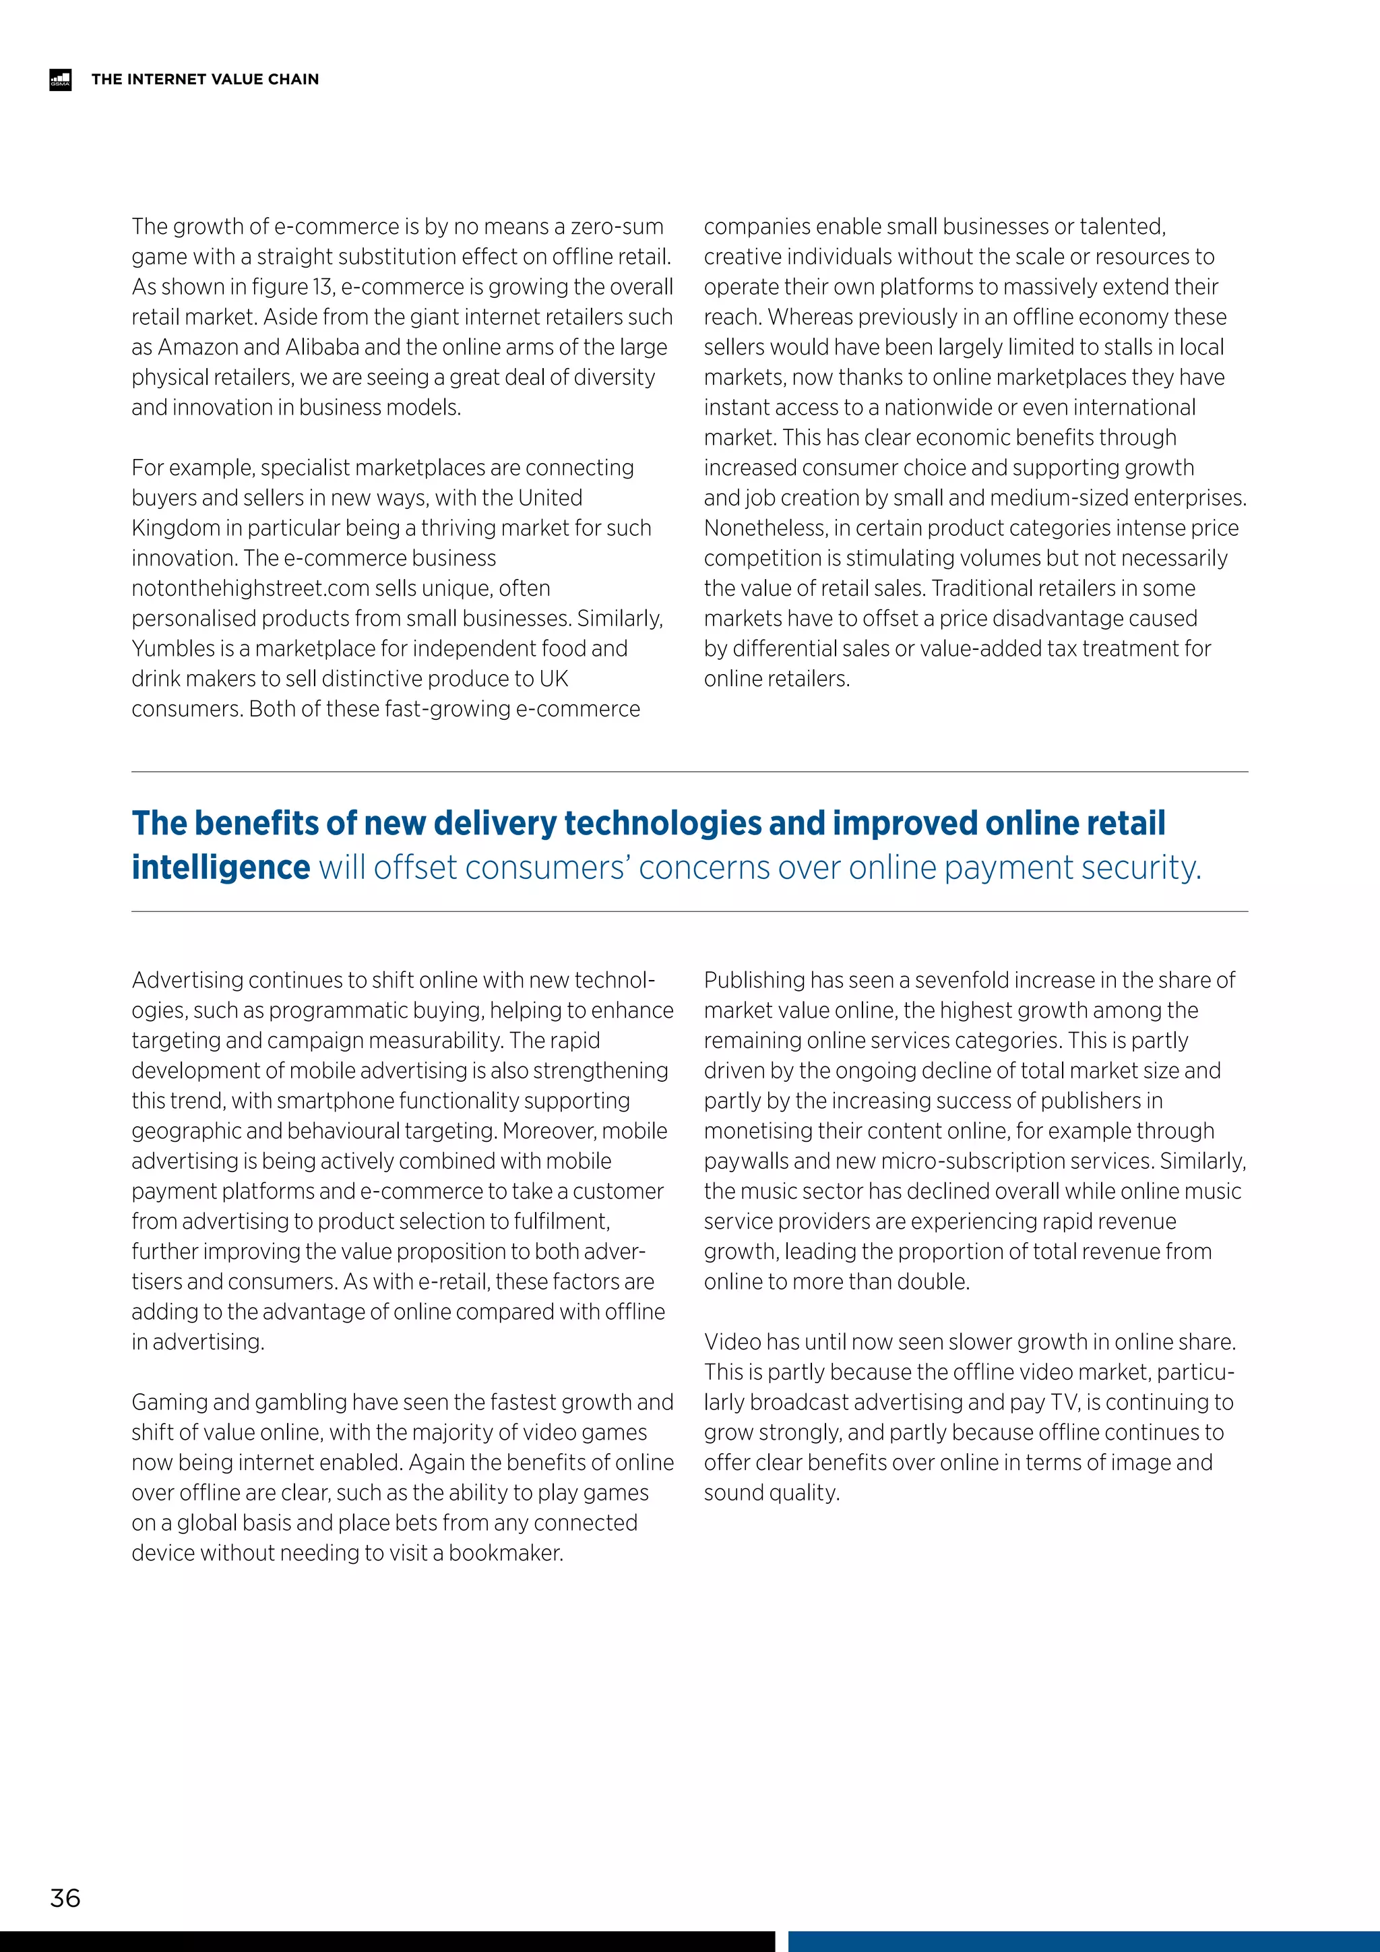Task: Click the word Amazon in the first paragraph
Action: pos(198,347)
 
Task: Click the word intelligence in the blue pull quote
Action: pos(221,868)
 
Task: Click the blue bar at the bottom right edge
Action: pos(1084,1941)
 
